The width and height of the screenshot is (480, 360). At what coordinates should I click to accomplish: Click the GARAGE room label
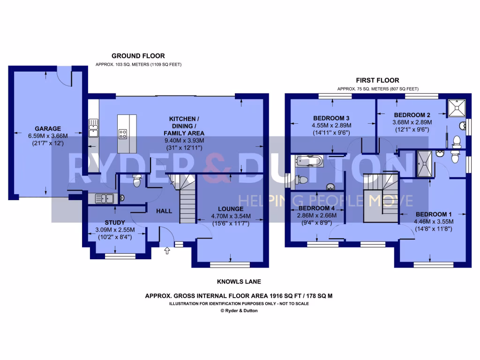(47, 128)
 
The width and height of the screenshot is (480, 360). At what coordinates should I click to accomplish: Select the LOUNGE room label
(230, 209)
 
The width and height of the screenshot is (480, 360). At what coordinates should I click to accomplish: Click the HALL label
(164, 211)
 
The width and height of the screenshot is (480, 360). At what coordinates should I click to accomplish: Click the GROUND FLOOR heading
(138, 56)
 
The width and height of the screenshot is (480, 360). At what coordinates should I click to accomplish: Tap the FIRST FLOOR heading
(377, 81)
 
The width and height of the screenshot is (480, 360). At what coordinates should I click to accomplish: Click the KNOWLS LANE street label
(239, 282)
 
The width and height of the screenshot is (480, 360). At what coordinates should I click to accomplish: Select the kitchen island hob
(123, 134)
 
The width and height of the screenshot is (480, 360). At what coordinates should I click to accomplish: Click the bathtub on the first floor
(309, 162)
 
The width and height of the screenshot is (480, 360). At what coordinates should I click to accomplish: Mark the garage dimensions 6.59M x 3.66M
(47, 136)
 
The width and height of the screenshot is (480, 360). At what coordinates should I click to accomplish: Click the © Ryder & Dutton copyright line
(239, 310)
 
